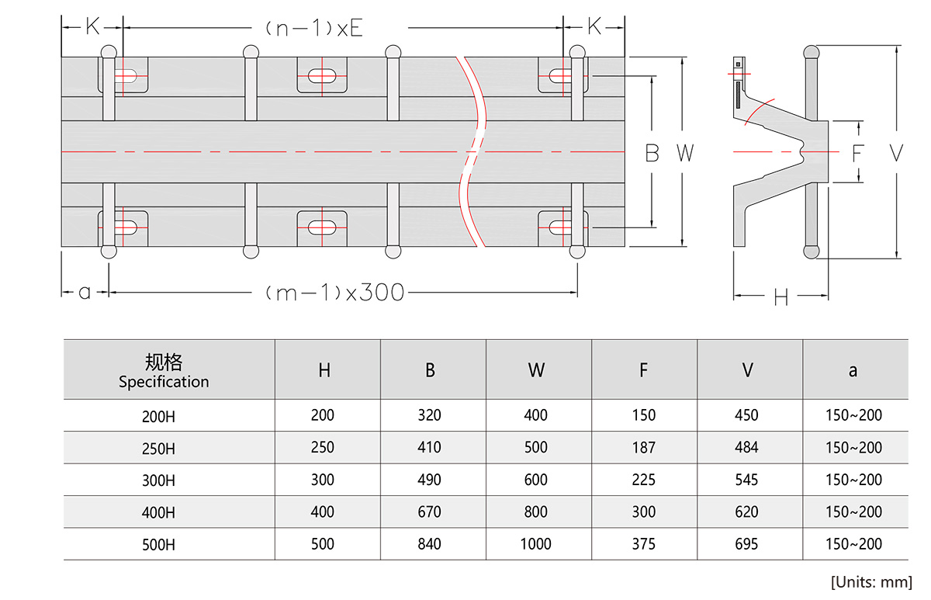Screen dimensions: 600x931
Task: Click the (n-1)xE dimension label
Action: pos(313,29)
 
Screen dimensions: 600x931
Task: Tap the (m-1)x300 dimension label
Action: pos(334,293)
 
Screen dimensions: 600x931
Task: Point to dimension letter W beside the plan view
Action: pos(684,154)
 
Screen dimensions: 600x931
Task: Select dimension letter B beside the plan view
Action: pos(652,154)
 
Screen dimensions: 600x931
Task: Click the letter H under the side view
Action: pos(780,297)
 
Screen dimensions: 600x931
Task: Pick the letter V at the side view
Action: pos(896,154)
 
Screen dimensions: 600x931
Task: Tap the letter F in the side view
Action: pos(857,154)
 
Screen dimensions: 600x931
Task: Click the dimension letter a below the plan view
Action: pos(85,293)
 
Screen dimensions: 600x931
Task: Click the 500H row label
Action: pos(158,544)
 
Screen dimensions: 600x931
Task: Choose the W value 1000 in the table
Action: pos(536,543)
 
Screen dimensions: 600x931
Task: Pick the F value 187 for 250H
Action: pos(643,448)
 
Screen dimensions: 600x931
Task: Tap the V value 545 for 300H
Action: pos(746,480)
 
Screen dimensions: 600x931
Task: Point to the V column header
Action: pos(747,370)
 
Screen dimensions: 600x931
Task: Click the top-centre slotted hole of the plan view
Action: pos(322,76)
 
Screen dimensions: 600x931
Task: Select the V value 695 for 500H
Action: pos(746,543)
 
